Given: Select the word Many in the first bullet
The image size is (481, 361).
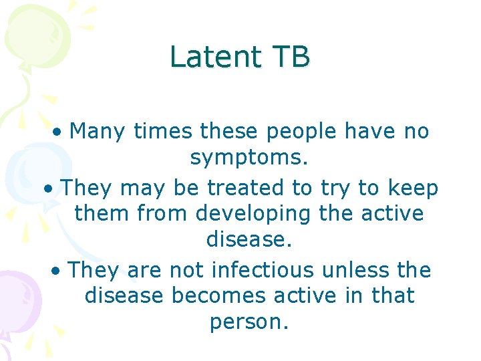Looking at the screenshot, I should pos(98,132).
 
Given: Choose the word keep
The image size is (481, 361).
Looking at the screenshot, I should pos(413,189).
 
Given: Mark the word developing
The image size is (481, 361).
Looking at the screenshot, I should pos(253,214).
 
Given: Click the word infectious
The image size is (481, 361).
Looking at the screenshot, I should pos(261,270).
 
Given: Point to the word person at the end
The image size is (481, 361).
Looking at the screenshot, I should pos(249,322).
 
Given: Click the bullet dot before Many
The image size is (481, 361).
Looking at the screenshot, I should pos(59,132).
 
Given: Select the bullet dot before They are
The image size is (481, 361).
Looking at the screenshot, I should pos(58,271).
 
